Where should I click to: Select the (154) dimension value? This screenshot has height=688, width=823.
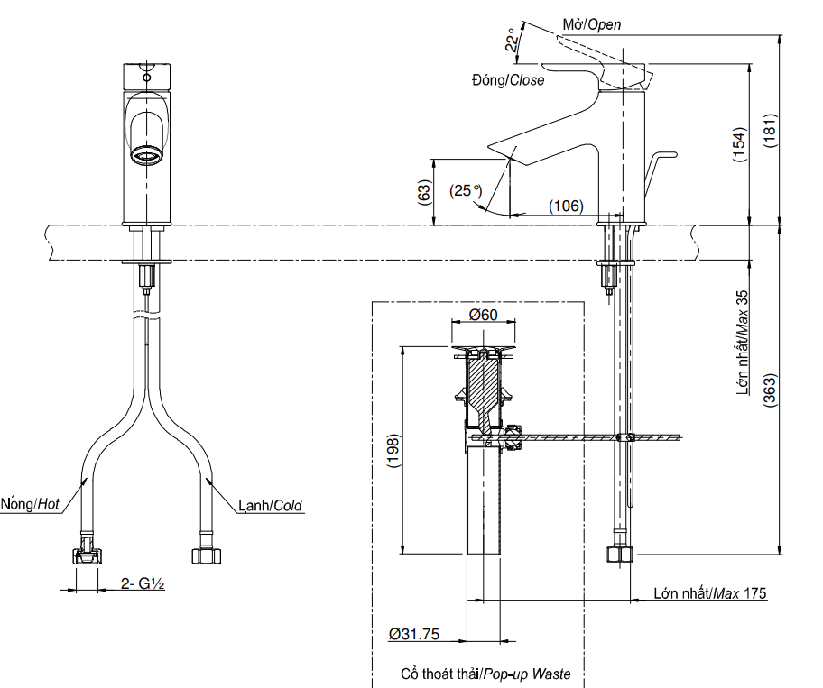pyautogui.click(x=739, y=146)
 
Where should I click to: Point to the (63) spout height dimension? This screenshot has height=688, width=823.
pyautogui.click(x=423, y=193)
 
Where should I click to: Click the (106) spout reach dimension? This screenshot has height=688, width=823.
pyautogui.click(x=566, y=206)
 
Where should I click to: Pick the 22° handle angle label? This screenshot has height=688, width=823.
pyautogui.click(x=512, y=42)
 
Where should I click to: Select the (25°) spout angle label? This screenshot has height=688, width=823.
pyautogui.click(x=467, y=191)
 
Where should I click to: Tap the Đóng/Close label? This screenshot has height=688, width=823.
pyautogui.click(x=508, y=80)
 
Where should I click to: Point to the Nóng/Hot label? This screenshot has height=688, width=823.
pyautogui.click(x=31, y=504)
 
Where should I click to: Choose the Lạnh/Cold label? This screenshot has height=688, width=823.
pyautogui.click(x=271, y=506)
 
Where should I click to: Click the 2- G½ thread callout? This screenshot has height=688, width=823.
pyautogui.click(x=143, y=584)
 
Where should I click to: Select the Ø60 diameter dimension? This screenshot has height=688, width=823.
pyautogui.click(x=484, y=315)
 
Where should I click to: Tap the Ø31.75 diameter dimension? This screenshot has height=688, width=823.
pyautogui.click(x=414, y=635)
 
